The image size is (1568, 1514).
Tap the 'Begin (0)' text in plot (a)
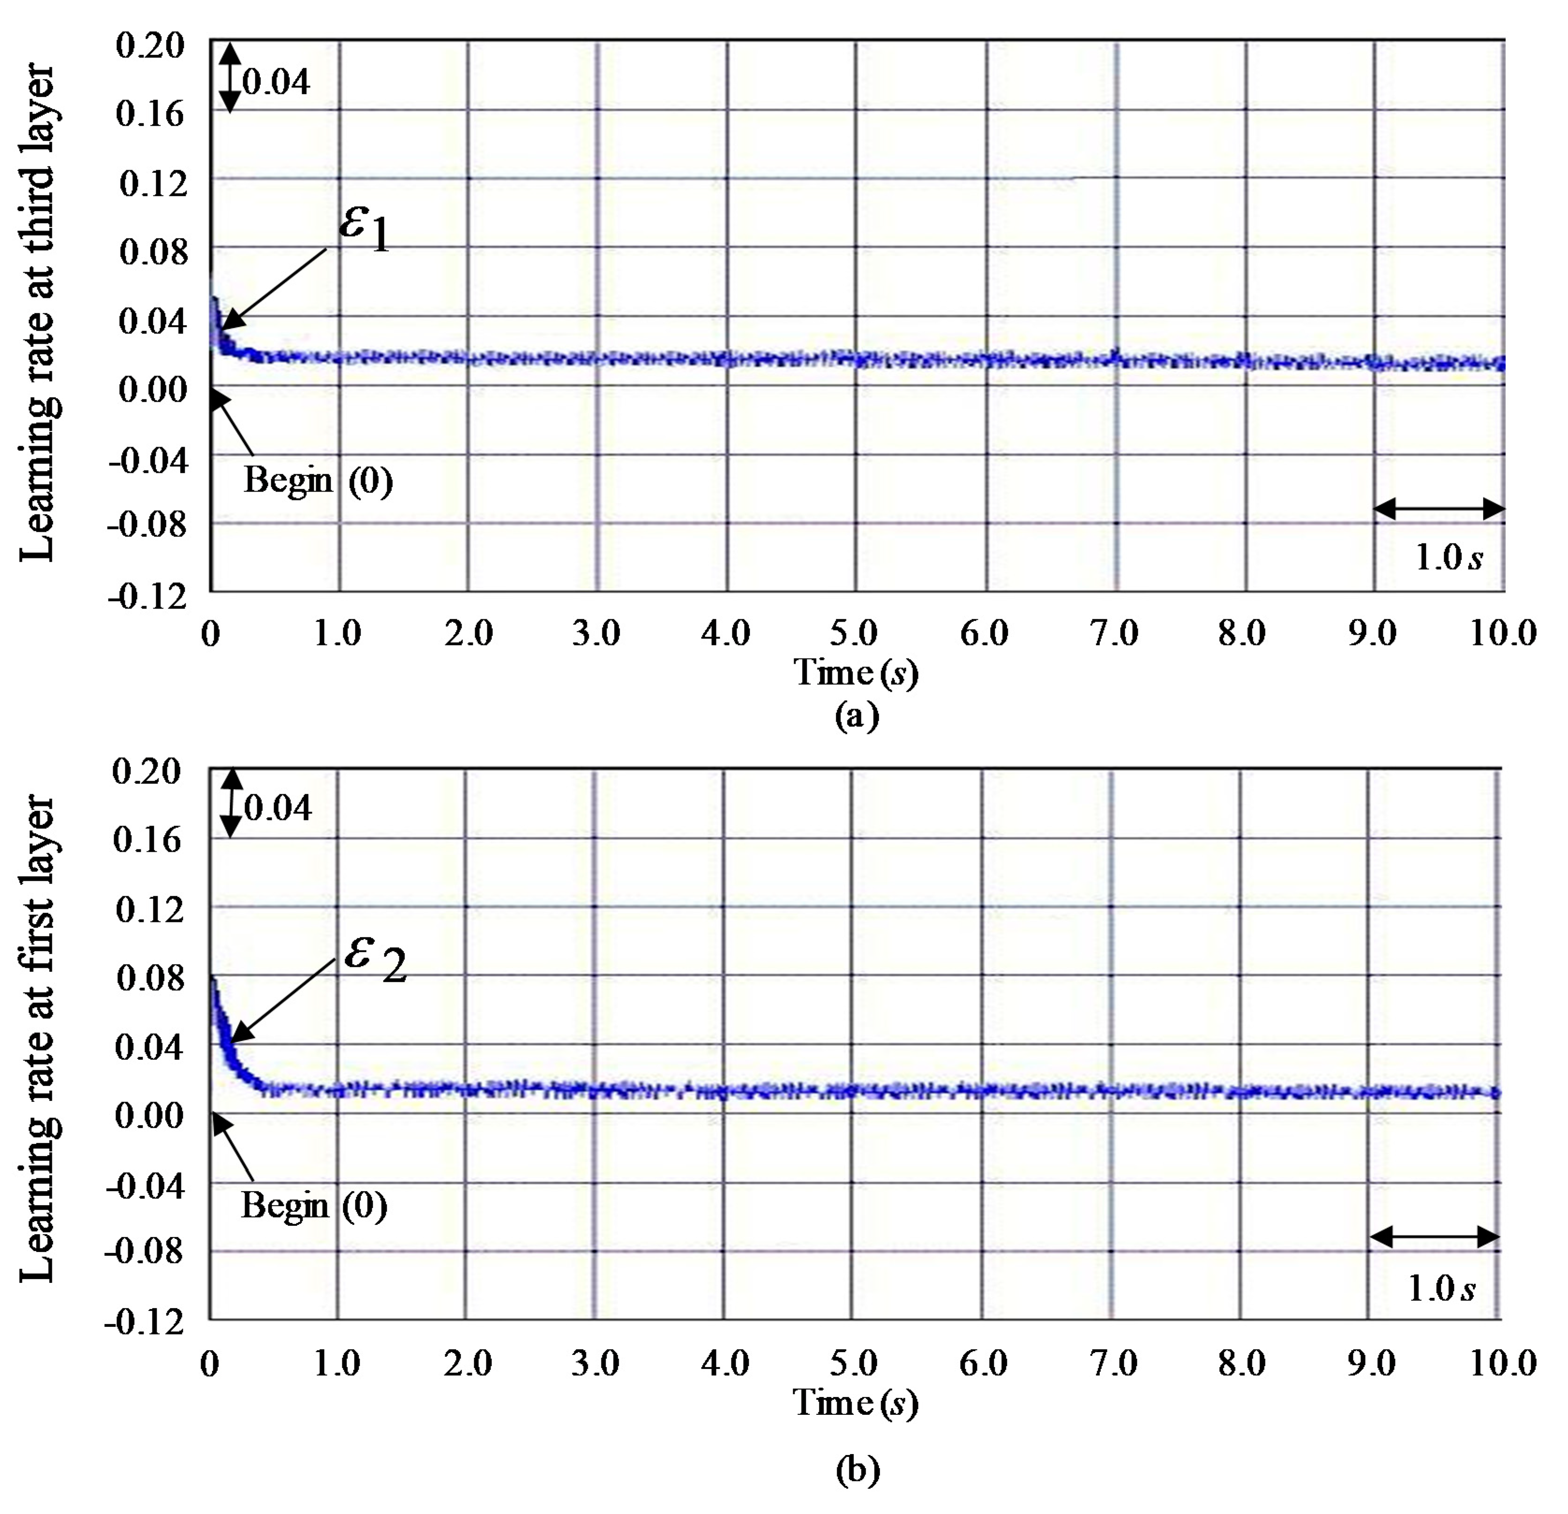(x=318, y=481)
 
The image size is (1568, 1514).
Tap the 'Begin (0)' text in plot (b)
(x=314, y=1205)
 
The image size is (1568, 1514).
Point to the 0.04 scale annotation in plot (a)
(x=276, y=82)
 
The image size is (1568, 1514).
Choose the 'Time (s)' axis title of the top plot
(x=855, y=672)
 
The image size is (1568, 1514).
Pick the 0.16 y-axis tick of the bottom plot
(x=148, y=840)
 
